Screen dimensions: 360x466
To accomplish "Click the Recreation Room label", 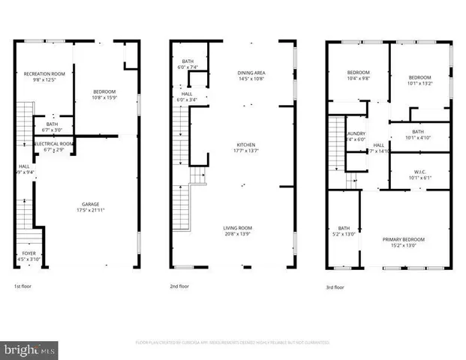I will coord(45,73).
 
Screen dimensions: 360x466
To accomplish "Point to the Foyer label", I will coord(29,253).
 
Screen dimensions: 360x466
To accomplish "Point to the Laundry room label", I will coord(356,132).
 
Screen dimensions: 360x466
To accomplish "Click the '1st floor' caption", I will coord(23,286).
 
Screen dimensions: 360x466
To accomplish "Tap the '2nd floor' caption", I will coord(179,286).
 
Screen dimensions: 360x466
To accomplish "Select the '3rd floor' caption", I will coord(335,286).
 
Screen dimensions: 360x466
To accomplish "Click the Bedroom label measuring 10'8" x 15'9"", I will coord(104,91).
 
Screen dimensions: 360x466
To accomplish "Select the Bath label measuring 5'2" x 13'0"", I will coord(344,228).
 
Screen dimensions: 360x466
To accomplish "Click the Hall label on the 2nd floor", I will coord(186,94).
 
